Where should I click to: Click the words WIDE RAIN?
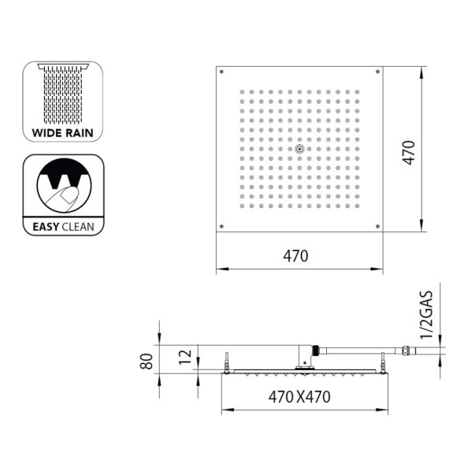63,133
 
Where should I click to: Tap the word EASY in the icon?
46,227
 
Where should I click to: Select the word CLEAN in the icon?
78,227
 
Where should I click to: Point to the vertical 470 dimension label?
409,153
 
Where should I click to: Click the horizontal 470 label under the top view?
295,256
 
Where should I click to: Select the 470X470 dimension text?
299,397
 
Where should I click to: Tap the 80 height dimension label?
147,362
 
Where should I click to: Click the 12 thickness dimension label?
186,357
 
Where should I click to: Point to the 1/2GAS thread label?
427,315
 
